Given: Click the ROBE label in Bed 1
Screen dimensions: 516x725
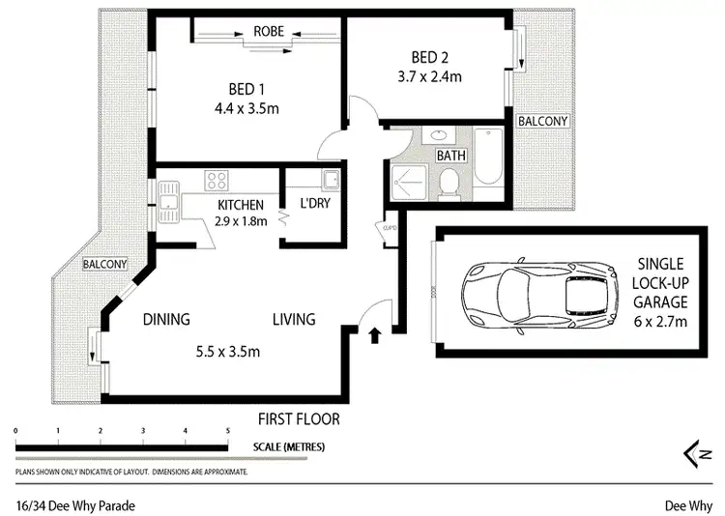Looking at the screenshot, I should (268, 31).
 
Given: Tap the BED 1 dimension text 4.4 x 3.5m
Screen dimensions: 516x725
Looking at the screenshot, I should (246, 108).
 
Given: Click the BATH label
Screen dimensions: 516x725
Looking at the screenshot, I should (451, 155).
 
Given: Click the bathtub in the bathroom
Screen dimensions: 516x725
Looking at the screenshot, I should (486, 165).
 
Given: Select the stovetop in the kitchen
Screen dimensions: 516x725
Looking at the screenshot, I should (217, 180).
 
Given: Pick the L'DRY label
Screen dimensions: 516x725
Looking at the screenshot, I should (316, 205).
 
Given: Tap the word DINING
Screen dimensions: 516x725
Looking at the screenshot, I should (166, 320).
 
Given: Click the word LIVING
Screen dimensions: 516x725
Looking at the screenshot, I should (293, 320).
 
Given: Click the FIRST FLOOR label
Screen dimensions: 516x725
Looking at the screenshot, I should (299, 418).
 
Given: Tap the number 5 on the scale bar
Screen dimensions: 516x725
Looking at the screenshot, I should (228, 430).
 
